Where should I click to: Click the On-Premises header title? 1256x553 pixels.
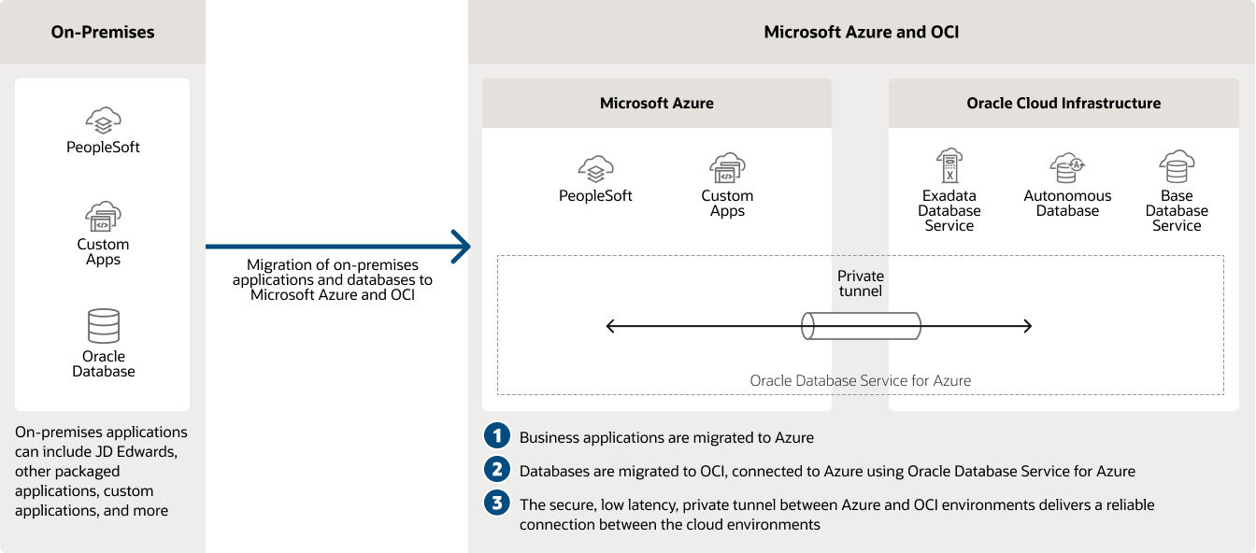point(103,32)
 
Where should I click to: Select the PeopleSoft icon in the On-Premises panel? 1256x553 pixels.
point(103,121)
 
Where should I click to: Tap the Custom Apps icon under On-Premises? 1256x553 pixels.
point(103,217)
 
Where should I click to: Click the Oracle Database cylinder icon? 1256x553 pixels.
point(103,326)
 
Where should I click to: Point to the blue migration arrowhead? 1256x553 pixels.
point(460,247)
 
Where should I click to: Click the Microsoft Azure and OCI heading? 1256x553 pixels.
point(861,32)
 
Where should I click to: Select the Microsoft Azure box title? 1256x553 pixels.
point(656,104)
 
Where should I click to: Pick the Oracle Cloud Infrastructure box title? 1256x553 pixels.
point(1063,104)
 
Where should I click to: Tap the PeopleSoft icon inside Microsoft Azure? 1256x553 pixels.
point(595,169)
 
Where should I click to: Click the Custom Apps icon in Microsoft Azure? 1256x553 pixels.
point(727,169)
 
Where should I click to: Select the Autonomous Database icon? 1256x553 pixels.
point(1067,169)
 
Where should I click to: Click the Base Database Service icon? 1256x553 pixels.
point(1177,167)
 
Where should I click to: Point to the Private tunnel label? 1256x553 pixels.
point(860,283)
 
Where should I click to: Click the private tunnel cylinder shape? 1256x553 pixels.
point(861,326)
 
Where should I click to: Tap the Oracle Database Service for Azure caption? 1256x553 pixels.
point(860,381)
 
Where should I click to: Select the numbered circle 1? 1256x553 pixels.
point(497,436)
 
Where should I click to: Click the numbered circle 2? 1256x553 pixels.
point(497,470)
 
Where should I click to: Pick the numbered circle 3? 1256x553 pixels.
point(497,503)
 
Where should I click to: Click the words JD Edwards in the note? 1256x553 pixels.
point(143,451)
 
